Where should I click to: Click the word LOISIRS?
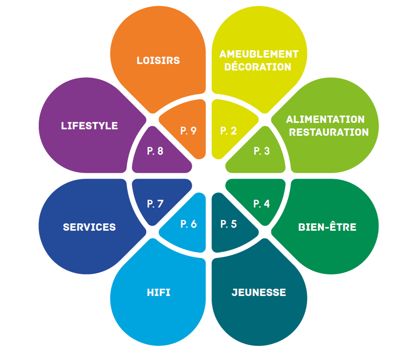pyautogui.click(x=158, y=60)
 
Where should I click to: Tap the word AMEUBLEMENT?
pyautogui.click(x=259, y=54)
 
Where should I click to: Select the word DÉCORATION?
pyautogui.click(x=258, y=67)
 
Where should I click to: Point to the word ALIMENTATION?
pyautogui.click(x=325, y=119)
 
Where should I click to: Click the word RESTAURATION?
pyautogui.click(x=329, y=132)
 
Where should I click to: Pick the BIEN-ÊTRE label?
pyautogui.click(x=328, y=227)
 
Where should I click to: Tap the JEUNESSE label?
pyautogui.click(x=259, y=293)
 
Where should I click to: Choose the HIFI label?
pyautogui.click(x=158, y=293)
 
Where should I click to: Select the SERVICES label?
pyautogui.click(x=89, y=227)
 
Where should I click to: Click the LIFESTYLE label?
pyautogui.click(x=89, y=126)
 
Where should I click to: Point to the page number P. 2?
pyautogui.click(x=229, y=131)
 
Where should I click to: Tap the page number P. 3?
pyautogui.click(x=262, y=151)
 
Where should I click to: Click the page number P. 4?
pyautogui.click(x=262, y=204)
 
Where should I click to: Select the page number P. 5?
pyautogui.click(x=229, y=224)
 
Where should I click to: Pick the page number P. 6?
pyautogui.click(x=189, y=224)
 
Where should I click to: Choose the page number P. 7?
pyautogui.click(x=155, y=204)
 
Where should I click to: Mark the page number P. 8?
pyautogui.click(x=155, y=151)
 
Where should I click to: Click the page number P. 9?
pyautogui.click(x=189, y=131)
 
